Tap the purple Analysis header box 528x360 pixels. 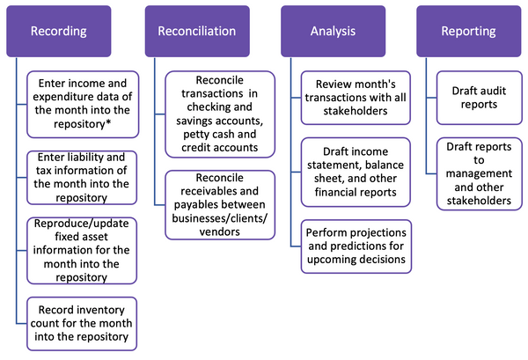coord(332,31)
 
